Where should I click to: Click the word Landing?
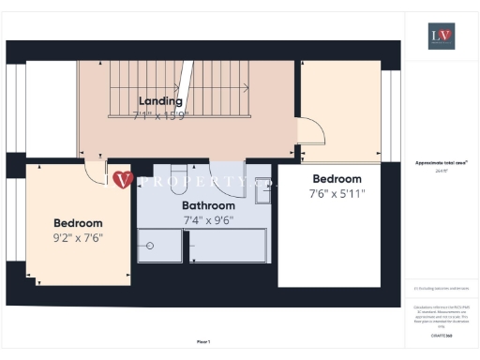(160, 100)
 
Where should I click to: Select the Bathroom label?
(208, 205)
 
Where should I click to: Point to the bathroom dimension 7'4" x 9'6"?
(208, 220)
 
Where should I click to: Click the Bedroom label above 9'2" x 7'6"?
(78, 223)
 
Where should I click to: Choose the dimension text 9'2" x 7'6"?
(78, 238)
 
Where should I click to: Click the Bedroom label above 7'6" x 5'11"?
(337, 179)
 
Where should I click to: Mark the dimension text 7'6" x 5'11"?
(337, 194)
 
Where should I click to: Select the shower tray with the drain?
(162, 247)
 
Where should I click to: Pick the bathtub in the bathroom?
(228, 247)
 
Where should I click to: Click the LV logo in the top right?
(441, 37)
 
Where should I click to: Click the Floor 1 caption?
(203, 341)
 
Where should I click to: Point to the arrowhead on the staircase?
(247, 87)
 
